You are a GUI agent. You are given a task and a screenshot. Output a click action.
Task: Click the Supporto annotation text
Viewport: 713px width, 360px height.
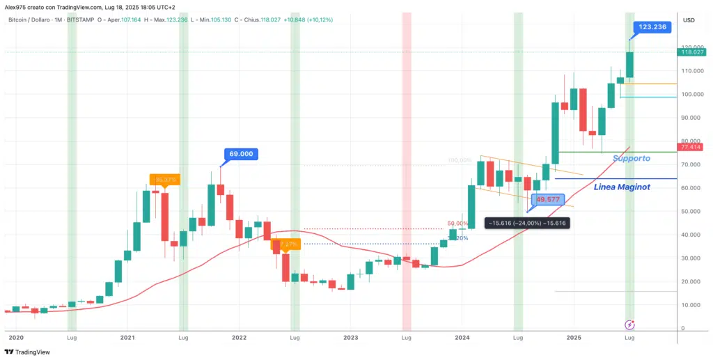coord(632,159)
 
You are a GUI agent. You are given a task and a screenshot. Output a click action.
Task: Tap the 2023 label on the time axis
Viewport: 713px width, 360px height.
coord(350,337)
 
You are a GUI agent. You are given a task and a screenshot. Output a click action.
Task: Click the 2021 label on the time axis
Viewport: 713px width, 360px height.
coord(127,337)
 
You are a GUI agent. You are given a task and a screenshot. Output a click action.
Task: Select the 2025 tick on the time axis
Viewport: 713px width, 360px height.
coord(574,337)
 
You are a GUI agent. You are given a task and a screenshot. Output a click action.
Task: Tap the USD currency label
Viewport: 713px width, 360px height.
coord(689,19)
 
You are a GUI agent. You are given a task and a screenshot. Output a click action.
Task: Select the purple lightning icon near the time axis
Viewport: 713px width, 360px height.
coord(629,324)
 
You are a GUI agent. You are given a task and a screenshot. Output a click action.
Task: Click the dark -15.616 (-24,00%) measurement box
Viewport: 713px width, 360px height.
coord(526,223)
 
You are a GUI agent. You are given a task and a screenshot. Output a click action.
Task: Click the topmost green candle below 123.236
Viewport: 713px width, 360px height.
coord(629,65)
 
